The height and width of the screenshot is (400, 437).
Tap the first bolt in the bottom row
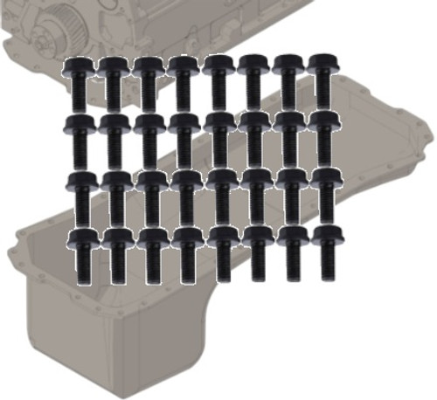80,254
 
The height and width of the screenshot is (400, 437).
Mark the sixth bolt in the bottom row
256,254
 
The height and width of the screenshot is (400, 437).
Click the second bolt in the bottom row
114,256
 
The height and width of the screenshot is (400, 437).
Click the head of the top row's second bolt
113,66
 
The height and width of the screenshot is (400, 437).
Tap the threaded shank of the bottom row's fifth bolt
221,264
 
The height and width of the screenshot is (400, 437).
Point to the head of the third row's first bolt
80,181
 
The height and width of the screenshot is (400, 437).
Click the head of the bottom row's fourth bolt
185,237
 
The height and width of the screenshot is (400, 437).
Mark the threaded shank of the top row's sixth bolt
254,91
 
